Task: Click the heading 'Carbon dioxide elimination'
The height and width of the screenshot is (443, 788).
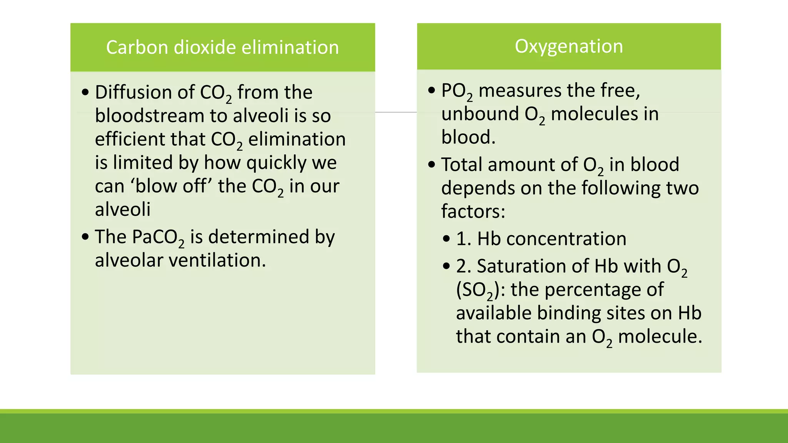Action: (x=222, y=47)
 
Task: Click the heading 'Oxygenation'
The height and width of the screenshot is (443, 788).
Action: (x=569, y=46)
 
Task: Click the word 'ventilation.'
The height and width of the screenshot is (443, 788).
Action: (x=217, y=260)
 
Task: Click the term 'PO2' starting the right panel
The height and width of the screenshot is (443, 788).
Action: (x=457, y=91)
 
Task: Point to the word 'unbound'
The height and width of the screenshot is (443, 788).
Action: (x=480, y=114)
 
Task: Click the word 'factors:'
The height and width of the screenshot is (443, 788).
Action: (x=473, y=211)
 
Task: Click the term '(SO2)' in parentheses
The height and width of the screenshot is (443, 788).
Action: (x=477, y=290)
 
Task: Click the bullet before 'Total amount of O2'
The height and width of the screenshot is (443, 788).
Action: (x=432, y=165)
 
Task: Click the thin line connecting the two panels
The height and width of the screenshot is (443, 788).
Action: (x=396, y=112)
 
